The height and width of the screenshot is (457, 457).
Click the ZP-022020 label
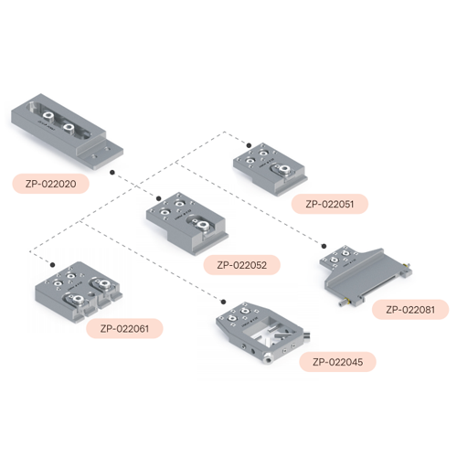coord(50,184)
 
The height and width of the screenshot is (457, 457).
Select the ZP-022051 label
coord(330,204)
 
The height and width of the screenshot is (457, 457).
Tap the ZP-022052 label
coord(242,265)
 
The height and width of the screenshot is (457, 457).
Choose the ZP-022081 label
coord(410,310)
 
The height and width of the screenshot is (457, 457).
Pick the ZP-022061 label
coord(124,328)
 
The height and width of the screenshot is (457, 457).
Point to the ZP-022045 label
coord(337,362)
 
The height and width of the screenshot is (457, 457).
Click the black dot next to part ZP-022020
coord(112,173)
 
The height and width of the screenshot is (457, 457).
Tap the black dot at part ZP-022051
coord(249,145)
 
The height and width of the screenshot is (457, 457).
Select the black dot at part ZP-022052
coord(158,198)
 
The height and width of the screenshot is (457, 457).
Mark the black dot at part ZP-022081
coord(324,246)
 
